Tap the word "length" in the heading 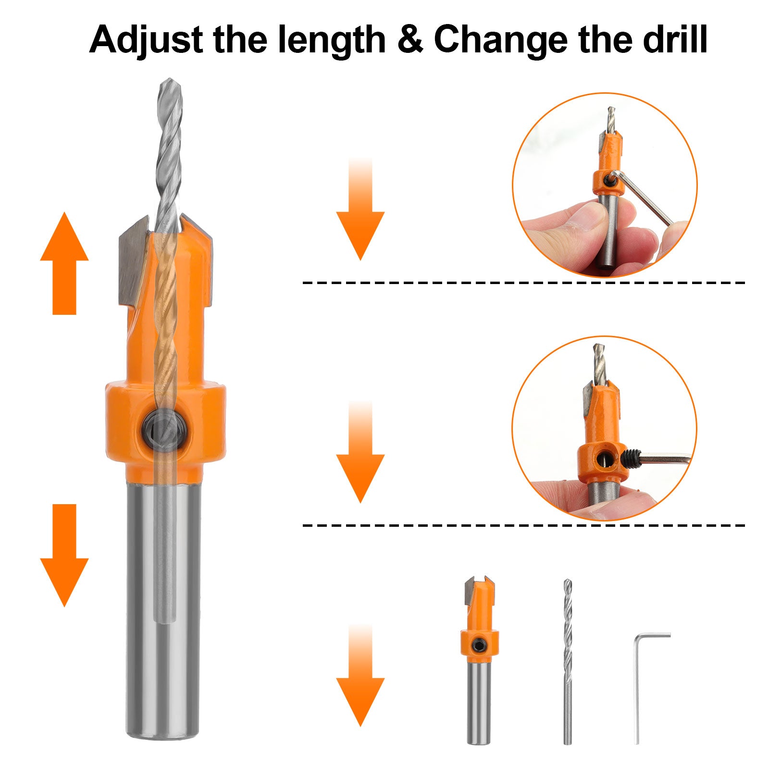[332, 40]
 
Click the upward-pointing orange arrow [64, 263]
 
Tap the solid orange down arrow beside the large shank [64, 555]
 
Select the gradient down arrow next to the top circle [360, 209]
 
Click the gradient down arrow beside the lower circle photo [360, 452]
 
